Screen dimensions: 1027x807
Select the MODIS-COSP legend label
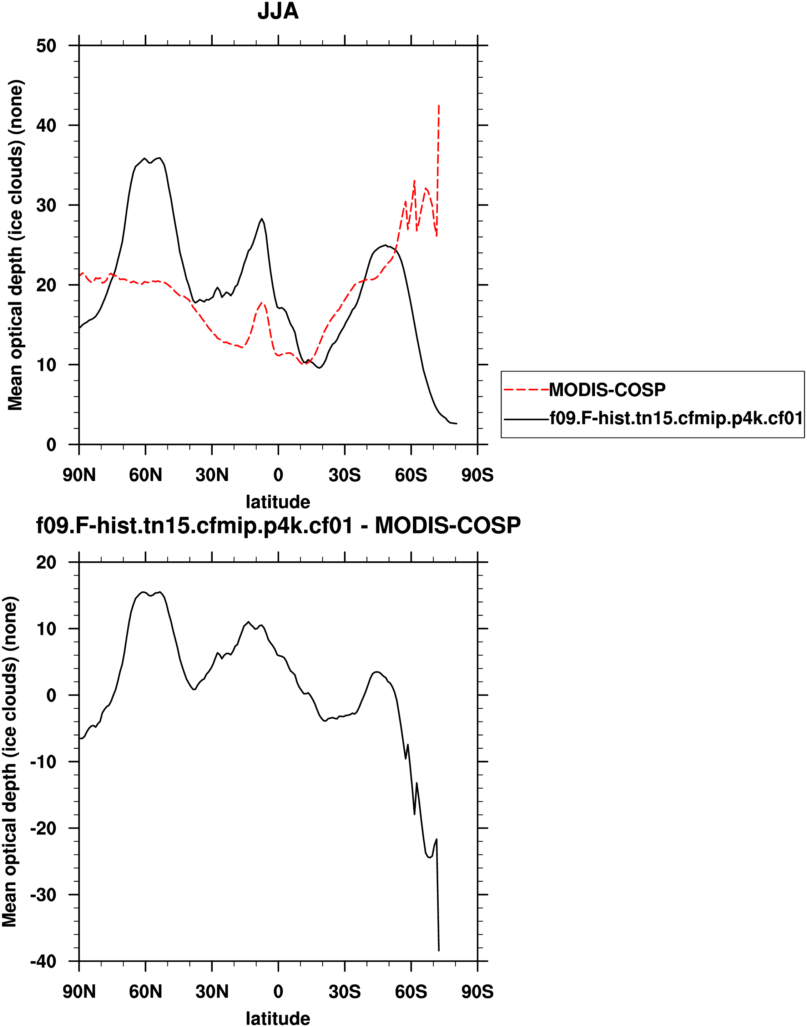(607, 390)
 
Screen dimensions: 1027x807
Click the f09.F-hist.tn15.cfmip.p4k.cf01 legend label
(676, 418)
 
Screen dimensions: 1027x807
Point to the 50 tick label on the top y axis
(46, 46)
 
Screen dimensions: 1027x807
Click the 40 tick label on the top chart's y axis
(46, 126)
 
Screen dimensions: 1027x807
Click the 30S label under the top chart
(344, 475)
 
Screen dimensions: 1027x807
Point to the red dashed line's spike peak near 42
(439, 106)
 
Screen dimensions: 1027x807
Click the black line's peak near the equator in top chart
(262, 219)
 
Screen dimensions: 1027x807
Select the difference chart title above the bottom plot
(278, 525)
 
